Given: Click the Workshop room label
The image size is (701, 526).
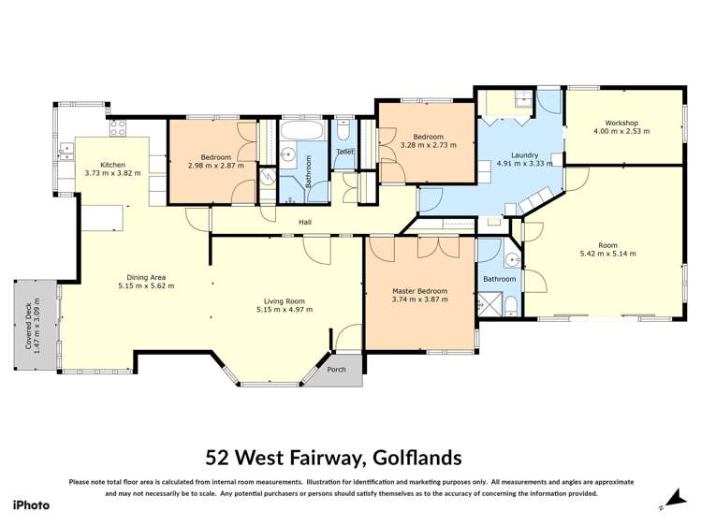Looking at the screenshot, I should [621, 124].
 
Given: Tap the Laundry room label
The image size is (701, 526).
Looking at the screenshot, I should [523, 155].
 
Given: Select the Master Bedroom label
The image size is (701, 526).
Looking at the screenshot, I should [419, 292].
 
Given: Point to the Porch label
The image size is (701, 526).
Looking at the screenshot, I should [336, 368].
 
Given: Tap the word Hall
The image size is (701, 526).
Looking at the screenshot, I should [305, 222].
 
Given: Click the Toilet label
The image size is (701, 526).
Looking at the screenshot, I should [344, 152].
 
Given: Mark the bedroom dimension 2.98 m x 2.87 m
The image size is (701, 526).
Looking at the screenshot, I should [215, 166].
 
